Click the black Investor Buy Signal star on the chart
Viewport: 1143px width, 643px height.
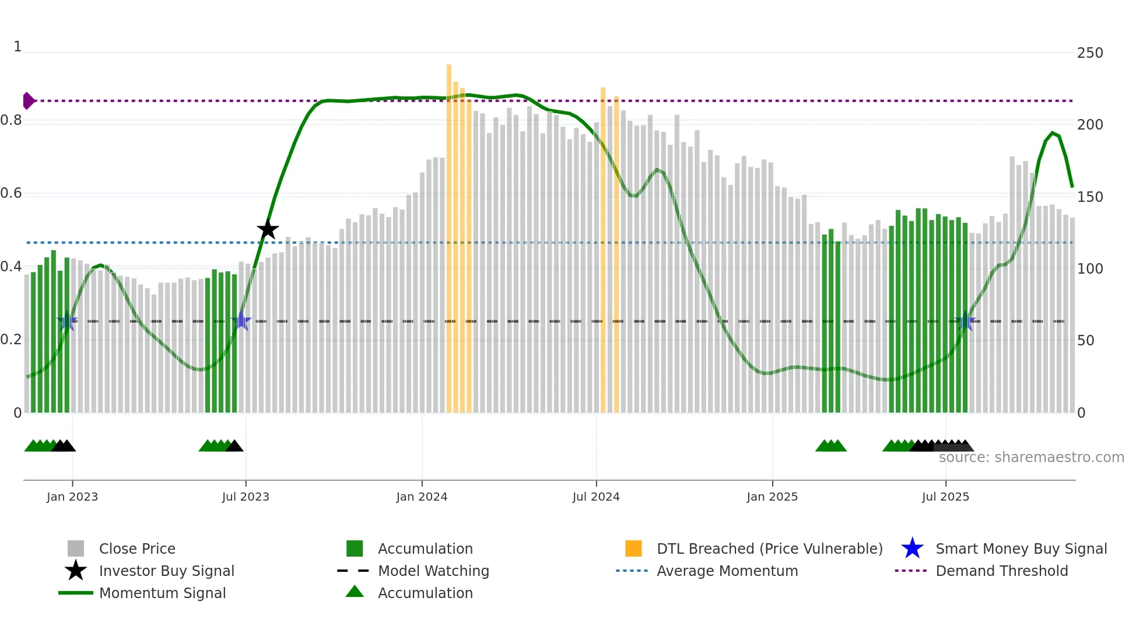point(268,229)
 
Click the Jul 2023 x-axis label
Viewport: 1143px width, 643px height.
point(246,497)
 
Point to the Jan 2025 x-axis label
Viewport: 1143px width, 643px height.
point(772,497)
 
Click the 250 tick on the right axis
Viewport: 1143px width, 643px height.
point(1090,53)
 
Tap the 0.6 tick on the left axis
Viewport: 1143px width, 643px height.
point(12,193)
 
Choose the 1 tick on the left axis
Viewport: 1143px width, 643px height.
point(17,47)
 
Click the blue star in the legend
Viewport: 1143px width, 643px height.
point(912,548)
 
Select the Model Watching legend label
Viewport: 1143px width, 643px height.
point(433,571)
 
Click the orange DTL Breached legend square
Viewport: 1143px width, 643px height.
point(633,548)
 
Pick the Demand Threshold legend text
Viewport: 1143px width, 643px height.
point(1001,571)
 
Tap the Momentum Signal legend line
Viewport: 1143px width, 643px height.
point(76,593)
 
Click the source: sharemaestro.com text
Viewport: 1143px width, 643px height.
point(1031,457)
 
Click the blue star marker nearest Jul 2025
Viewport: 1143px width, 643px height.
point(965,321)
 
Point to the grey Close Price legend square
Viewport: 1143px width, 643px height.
point(76,548)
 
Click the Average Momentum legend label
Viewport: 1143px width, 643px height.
point(727,571)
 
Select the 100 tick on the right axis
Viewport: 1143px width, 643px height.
point(1090,269)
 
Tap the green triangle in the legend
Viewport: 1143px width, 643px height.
point(355,592)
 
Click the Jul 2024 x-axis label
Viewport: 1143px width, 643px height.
point(596,497)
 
